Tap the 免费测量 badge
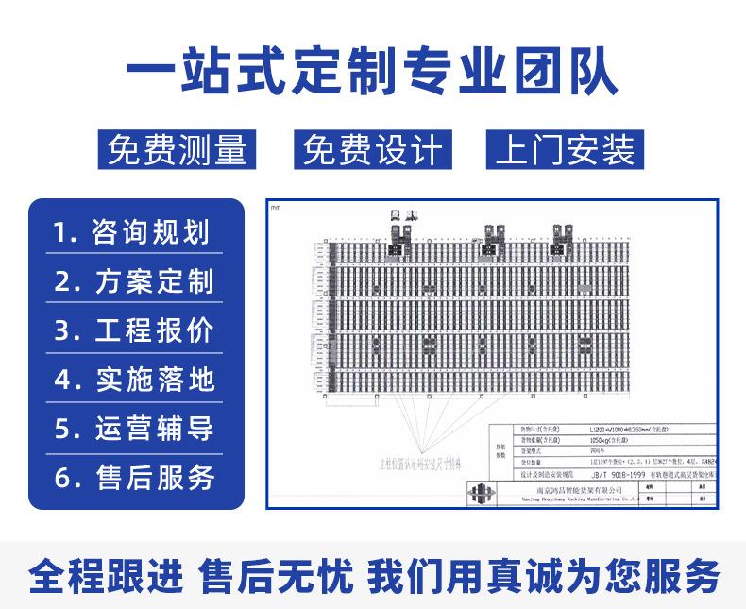(x=177, y=149)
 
